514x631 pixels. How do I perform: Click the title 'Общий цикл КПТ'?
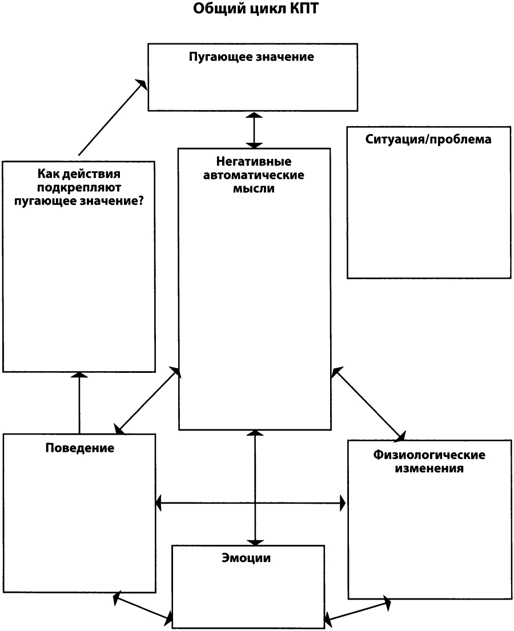coord(256,9)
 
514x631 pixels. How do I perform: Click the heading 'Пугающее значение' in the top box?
coord(251,57)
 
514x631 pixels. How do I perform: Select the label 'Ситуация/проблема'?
coord(428,139)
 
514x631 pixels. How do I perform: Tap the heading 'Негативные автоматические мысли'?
coord(254,175)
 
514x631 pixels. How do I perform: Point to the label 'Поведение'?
coord(80,448)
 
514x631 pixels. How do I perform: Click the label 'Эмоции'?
coord(246,558)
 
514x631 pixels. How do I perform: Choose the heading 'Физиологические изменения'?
coord(429,461)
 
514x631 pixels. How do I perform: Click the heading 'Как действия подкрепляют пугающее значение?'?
coord(79,187)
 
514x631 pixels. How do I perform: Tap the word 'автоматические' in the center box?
coord(254,175)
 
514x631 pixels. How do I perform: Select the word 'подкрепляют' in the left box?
coord(79,188)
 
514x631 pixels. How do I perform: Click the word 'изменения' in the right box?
coord(429,468)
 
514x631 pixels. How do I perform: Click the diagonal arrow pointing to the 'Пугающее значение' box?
coord(113,116)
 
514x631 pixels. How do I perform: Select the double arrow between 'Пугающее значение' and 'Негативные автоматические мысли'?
coord(254,130)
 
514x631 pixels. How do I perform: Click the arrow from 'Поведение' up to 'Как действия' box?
coord(79,403)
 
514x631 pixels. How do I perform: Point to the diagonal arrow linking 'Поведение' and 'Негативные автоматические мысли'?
coord(147,400)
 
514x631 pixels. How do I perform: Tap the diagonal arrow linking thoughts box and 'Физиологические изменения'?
coord(368,403)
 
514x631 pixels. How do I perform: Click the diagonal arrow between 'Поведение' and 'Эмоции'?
coord(143,606)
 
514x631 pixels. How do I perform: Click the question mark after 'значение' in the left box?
coord(140,200)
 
